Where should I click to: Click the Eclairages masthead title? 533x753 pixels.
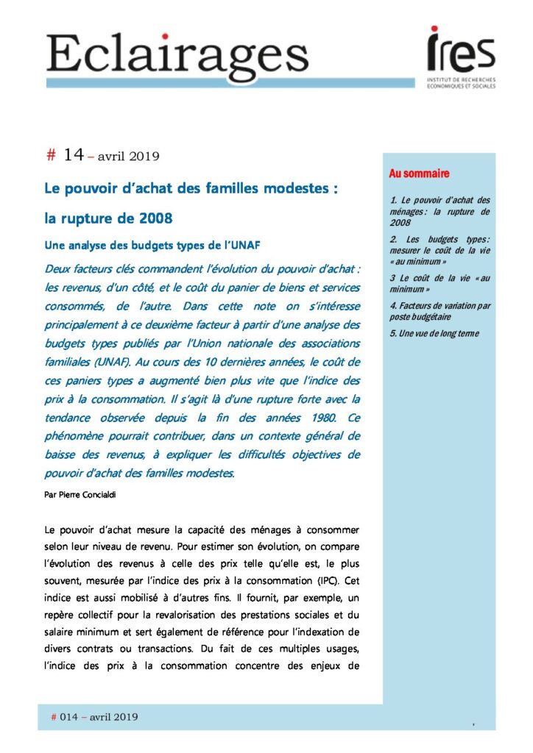(x=177, y=54)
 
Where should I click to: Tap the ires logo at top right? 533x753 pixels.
(x=461, y=49)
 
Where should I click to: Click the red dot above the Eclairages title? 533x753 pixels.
(x=165, y=36)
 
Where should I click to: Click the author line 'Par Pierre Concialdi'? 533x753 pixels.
(x=80, y=493)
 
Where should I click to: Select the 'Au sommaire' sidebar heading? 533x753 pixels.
(x=419, y=174)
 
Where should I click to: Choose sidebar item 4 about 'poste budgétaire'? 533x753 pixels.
(x=440, y=311)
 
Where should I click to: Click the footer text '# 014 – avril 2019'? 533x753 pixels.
(x=94, y=717)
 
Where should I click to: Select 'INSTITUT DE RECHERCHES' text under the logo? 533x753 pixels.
(x=462, y=79)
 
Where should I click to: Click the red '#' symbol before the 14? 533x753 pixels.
(x=51, y=155)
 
